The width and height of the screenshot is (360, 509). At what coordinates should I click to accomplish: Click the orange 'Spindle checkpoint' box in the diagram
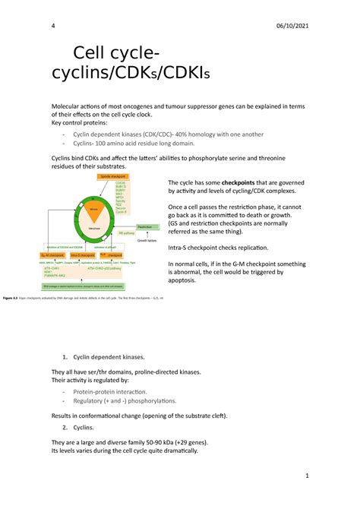(x=115, y=176)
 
